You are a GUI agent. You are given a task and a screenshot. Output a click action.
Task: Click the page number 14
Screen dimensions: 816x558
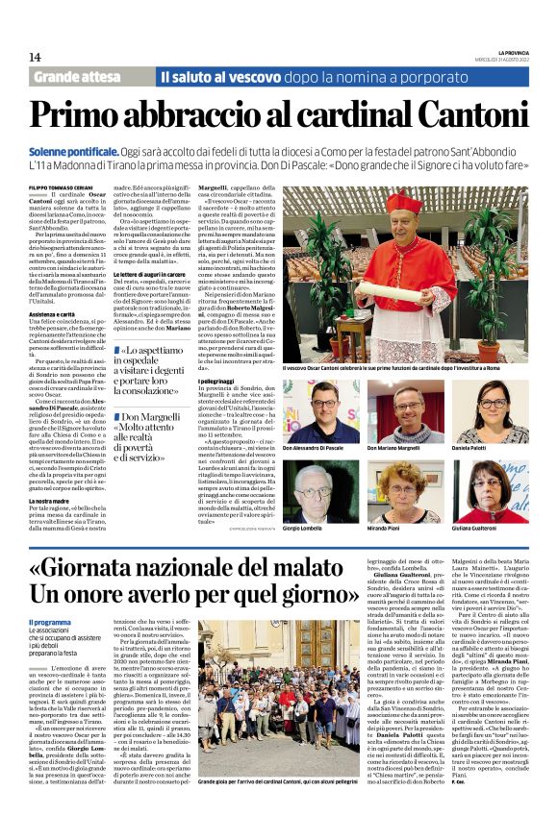point(36,58)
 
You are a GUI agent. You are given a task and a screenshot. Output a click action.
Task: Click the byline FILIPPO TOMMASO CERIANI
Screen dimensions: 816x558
point(68,186)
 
